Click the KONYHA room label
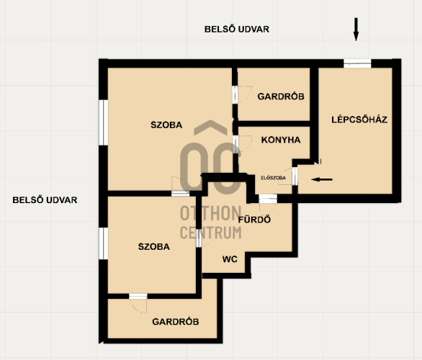pos(281,140)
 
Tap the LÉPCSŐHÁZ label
pos(359,120)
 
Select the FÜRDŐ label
pos(255,220)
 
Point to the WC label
pos(230,259)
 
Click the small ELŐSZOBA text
pos(273,178)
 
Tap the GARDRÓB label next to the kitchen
pos(281,96)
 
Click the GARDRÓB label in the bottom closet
pos(176,322)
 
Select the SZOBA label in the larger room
pos(166,125)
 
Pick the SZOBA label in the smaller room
pos(154,246)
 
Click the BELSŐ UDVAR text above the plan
pos(237,29)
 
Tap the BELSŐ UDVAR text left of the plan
pos(45,200)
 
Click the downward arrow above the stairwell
pos(356,30)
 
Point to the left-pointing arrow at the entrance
pos(322,179)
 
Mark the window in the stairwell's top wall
pos(357,63)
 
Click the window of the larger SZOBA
pos(104,122)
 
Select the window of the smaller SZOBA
pos(104,243)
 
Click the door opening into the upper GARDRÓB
pos(235,94)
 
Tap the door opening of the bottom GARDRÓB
pos(138,296)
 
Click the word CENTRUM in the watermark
pos(210,233)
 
